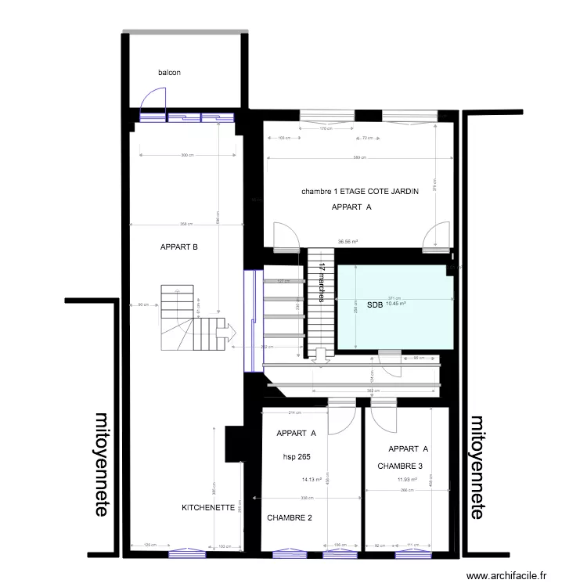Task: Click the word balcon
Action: click(169, 73)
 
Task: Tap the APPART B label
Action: click(178, 247)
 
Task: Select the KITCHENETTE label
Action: click(207, 507)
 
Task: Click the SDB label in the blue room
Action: click(374, 305)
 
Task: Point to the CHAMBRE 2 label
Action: click(290, 518)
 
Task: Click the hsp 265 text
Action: click(297, 456)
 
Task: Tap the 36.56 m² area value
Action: click(348, 242)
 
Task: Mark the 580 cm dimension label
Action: click(358, 158)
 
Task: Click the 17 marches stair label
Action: click(322, 281)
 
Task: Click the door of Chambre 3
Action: click(385, 420)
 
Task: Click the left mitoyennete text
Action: click(102, 463)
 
